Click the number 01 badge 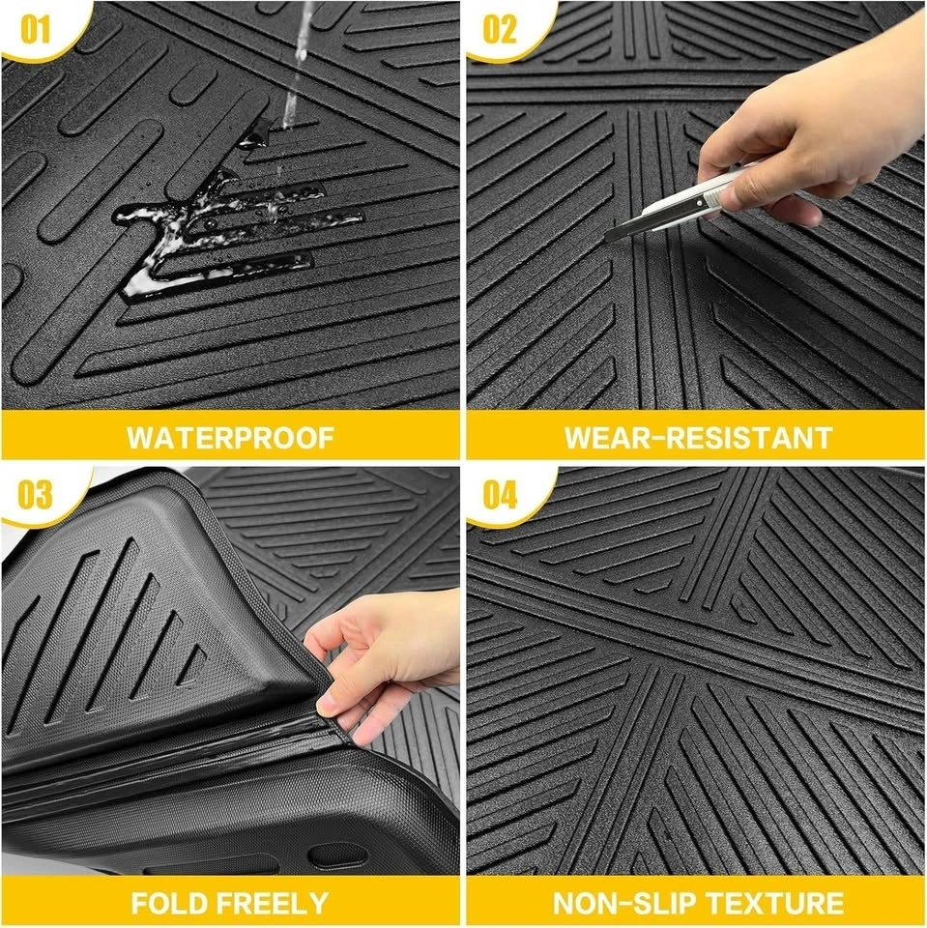point(35,28)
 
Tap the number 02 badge point(500,28)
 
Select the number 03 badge point(35,494)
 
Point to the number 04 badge point(500,494)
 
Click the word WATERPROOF point(230,438)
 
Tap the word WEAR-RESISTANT point(699,438)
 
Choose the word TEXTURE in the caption point(773,903)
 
